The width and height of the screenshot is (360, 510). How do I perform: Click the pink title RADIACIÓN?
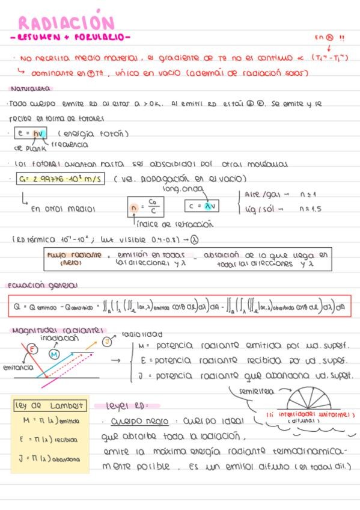(x=66, y=23)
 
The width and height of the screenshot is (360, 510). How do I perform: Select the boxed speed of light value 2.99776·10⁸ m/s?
(x=60, y=179)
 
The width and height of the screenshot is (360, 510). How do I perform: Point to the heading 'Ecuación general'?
(x=43, y=285)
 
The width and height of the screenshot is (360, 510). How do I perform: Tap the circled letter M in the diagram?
(x=54, y=355)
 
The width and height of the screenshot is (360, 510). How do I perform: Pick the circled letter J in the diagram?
(x=107, y=342)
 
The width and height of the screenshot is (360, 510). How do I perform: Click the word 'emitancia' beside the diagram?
(x=17, y=367)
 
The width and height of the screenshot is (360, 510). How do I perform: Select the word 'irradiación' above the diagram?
(x=59, y=338)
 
